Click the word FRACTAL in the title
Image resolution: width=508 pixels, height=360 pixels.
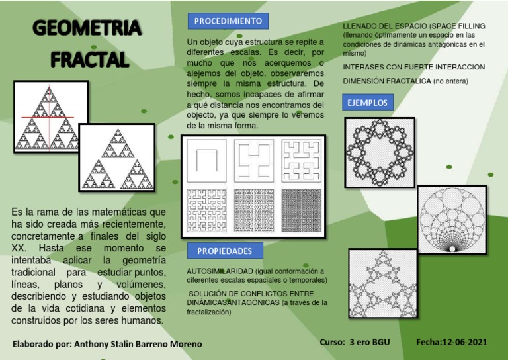coord(89,60)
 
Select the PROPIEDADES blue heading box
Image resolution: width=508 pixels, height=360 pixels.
coord(225,251)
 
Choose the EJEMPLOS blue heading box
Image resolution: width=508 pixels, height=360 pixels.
coord(367,103)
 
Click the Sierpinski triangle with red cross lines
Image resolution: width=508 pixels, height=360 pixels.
coord(51,118)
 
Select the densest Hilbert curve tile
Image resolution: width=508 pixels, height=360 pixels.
coord(301,208)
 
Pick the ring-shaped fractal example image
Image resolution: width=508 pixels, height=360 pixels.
coord(380,152)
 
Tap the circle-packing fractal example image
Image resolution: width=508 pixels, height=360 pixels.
coord(452,219)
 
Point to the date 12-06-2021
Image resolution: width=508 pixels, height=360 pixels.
coord(460,342)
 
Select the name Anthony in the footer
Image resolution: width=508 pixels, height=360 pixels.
coord(95,344)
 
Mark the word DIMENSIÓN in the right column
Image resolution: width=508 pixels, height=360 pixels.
coord(366,81)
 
